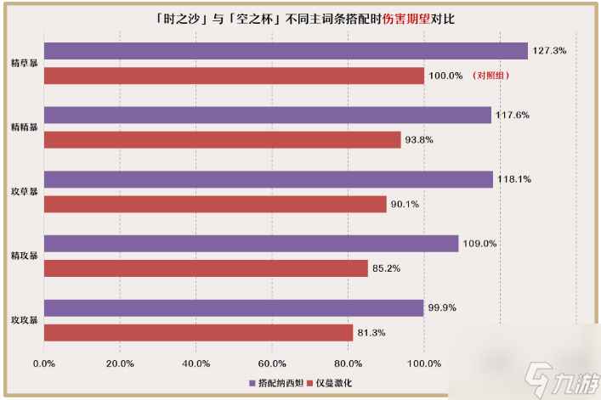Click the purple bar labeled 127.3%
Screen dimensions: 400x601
(286, 51)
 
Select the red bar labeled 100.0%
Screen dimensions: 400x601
(234, 76)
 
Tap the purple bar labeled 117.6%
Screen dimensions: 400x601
(267, 115)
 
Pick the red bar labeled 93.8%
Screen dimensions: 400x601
(222, 140)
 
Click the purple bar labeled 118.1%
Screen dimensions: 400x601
(268, 179)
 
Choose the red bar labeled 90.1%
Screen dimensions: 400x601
(215, 204)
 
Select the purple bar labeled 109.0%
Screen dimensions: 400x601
(251, 244)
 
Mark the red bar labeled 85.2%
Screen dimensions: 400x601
(206, 268)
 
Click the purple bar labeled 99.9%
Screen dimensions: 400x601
(234, 308)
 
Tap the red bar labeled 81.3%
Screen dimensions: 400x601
(198, 332)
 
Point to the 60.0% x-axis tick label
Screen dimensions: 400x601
(273, 363)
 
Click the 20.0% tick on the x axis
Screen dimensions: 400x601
(120, 363)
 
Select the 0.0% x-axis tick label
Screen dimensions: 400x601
(43, 363)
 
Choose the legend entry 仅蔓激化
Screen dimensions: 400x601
(332, 383)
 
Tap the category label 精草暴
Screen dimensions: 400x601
(24, 64)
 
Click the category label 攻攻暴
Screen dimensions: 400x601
(24, 320)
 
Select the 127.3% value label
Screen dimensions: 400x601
(549, 51)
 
